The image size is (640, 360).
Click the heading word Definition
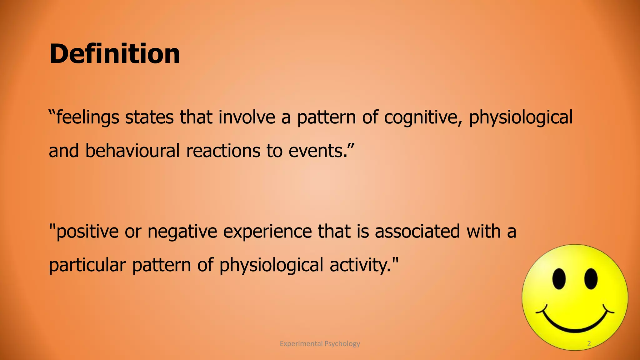(x=114, y=54)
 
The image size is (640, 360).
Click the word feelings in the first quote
(x=87, y=117)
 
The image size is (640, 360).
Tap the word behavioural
(x=132, y=151)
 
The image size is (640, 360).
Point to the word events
(x=317, y=151)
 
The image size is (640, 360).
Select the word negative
(x=182, y=231)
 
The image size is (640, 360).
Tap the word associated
(x=417, y=231)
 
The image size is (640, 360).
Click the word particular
(x=87, y=265)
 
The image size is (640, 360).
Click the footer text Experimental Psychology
(x=320, y=344)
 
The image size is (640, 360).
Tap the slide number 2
(x=589, y=344)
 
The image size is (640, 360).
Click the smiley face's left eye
(x=559, y=278)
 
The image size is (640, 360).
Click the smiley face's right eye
(x=591, y=278)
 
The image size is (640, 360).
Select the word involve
(x=247, y=117)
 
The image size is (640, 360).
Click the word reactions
(x=223, y=151)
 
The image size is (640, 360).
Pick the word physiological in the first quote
(x=521, y=117)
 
